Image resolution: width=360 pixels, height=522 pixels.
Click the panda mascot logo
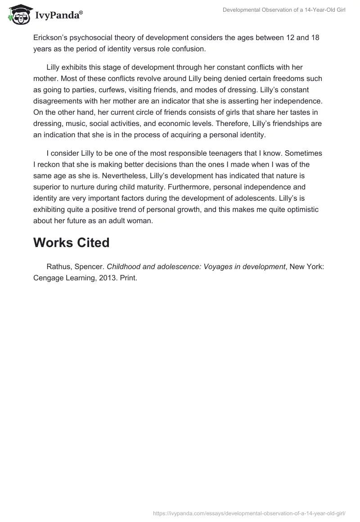pyautogui.click(x=18, y=14)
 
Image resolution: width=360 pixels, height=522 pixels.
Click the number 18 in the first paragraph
pyautogui.click(x=315, y=37)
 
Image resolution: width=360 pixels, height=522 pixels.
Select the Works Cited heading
pyautogui.click(x=71, y=243)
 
